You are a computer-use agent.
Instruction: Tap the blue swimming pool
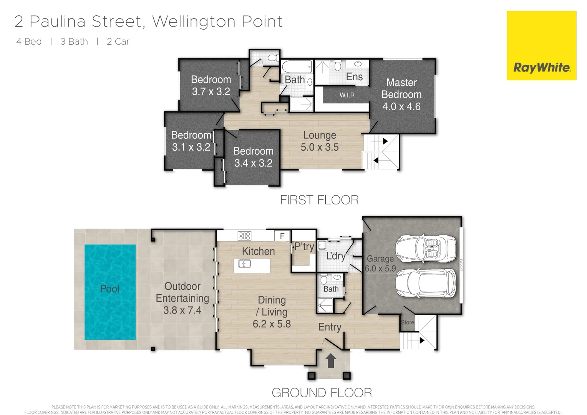coord(110,292)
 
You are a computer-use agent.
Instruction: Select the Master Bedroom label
coord(401,95)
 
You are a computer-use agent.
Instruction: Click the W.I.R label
coord(347,95)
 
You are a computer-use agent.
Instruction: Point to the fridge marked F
coord(282,236)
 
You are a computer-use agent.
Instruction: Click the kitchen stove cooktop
coord(244,236)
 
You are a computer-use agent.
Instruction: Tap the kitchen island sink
coord(245,264)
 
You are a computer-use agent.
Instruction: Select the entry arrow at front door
coord(331,361)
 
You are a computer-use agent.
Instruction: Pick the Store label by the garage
coord(408,322)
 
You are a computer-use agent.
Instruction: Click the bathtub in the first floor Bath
coord(297,67)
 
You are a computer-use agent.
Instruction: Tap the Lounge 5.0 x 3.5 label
coord(320,141)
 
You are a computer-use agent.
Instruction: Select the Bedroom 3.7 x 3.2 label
coord(211,85)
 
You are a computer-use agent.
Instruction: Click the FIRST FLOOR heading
coord(319,200)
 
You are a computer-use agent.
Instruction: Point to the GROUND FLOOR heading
coord(322,393)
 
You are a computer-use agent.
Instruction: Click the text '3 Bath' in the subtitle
coord(74,41)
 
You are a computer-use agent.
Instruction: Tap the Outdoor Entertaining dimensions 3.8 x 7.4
coord(182,310)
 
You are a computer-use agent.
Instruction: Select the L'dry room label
coord(336,256)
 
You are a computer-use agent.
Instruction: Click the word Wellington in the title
coord(194,22)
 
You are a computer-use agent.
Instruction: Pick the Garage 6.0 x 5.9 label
coord(380,264)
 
